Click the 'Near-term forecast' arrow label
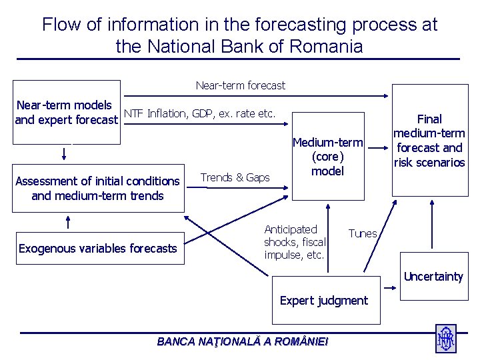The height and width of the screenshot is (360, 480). pos(240,85)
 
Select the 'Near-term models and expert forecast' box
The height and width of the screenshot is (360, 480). pos(67,113)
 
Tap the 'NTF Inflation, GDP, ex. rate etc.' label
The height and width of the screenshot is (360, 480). pos(199,113)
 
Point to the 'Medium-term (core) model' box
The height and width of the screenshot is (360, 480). pos(328,157)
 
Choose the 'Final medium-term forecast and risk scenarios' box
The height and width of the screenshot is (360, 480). pos(429,141)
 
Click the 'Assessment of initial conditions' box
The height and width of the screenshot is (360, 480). pos(97,188)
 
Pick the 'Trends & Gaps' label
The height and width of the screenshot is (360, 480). pos(235,177)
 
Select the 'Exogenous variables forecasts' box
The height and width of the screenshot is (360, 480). pos(97,249)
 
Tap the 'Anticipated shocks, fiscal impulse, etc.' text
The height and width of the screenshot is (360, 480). pos(295,242)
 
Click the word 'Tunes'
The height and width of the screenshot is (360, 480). pos(363,233)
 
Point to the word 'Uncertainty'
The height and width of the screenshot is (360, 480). pos(433,277)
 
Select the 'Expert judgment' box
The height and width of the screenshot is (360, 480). pos(323,301)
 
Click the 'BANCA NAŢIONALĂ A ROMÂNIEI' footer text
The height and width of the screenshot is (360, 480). pos(242,341)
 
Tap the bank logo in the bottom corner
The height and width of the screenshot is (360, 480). pos(445,338)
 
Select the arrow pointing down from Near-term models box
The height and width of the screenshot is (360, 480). pos(65,153)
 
